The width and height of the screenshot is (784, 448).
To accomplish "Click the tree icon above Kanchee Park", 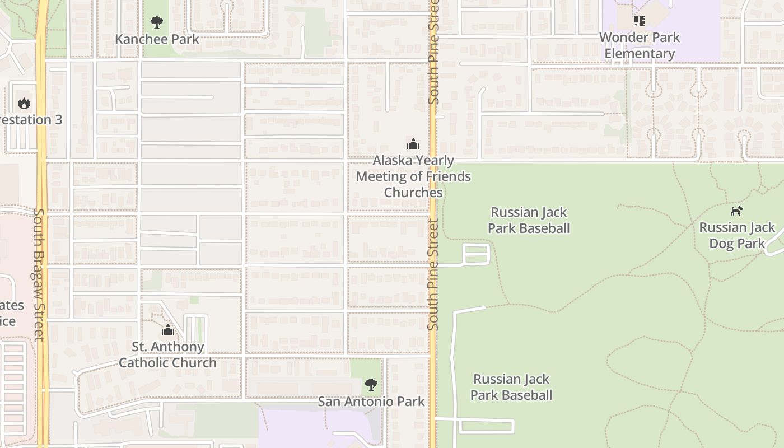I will click(x=157, y=22).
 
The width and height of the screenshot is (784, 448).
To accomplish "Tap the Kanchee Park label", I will click(x=157, y=39).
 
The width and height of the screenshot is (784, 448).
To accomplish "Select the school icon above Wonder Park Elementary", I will click(x=639, y=21).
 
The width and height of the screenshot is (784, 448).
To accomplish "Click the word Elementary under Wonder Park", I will click(x=639, y=54).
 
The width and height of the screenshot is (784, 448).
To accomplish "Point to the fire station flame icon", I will click(x=24, y=103).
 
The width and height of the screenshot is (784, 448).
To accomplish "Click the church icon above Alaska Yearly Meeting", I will click(x=413, y=144).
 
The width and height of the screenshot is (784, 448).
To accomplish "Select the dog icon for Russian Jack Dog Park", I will click(x=736, y=211).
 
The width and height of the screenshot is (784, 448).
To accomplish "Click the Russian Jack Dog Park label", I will click(x=736, y=235).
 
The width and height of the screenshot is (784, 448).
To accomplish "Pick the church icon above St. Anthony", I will click(x=167, y=330).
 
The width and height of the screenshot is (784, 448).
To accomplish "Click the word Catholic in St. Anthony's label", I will click(x=143, y=363).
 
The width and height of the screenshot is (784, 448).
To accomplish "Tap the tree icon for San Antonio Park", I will click(x=371, y=384).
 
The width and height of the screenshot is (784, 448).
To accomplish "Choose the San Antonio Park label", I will click(x=371, y=402).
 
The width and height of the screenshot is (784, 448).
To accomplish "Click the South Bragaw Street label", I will click(x=38, y=274).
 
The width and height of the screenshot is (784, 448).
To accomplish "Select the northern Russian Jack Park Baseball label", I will click(x=529, y=220).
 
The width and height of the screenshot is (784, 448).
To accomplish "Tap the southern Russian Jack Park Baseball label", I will click(x=511, y=387).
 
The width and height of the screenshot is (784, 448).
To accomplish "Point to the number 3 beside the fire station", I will click(x=58, y=120).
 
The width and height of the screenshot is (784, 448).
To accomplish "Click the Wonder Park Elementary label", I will click(x=639, y=45).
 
